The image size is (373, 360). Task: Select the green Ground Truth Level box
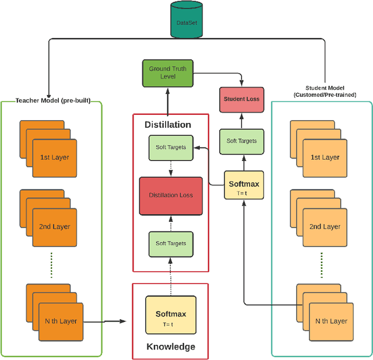167,72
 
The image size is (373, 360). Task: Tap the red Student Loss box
241,99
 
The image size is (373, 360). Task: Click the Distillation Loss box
171,195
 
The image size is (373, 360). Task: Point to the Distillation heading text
167,124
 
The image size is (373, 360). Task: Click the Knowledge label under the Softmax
171,347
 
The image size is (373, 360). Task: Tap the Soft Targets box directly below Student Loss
241,141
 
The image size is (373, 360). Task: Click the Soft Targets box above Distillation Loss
171,148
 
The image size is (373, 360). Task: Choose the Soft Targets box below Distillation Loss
171,243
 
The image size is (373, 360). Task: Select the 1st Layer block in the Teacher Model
54,158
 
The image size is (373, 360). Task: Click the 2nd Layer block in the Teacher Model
54,226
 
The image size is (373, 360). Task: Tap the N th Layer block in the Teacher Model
60,321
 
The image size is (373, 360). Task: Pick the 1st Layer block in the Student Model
323,158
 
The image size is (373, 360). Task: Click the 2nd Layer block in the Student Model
325,226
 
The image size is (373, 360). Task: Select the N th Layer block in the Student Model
330,321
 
